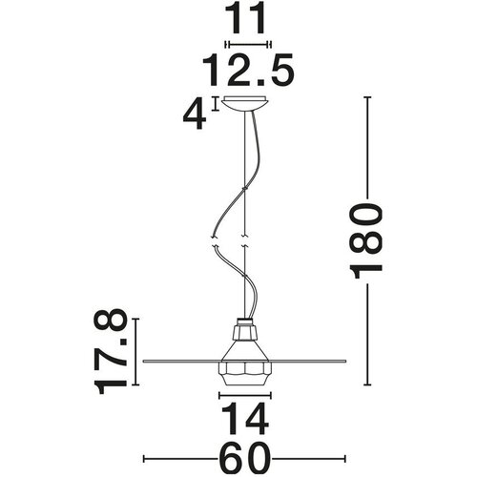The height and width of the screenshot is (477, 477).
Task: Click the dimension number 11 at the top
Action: pyautogui.click(x=245, y=19)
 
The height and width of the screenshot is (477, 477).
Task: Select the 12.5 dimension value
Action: pyautogui.click(x=248, y=71)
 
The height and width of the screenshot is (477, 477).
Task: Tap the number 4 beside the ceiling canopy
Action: pyautogui.click(x=195, y=114)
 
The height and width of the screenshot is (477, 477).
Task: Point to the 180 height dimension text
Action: pyautogui.click(x=365, y=241)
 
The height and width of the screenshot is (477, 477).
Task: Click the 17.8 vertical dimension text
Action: pyautogui.click(x=110, y=352)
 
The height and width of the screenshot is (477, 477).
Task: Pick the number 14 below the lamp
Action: pyautogui.click(x=245, y=419)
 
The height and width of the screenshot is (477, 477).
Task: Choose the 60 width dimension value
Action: pyautogui.click(x=245, y=459)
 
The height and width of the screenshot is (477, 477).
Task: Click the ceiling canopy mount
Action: pyautogui.click(x=245, y=104)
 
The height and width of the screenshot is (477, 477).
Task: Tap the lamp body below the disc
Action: pyautogui.click(x=245, y=375)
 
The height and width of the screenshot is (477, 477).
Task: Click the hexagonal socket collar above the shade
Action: pyautogui.click(x=245, y=332)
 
